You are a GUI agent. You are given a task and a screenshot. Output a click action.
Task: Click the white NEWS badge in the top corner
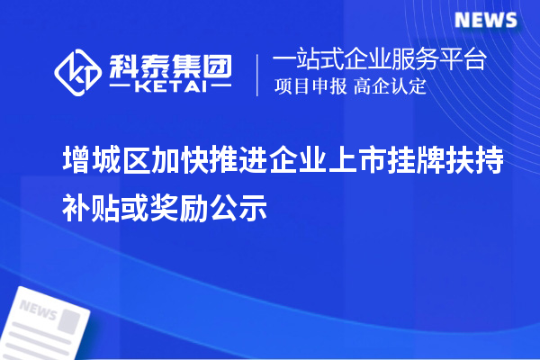click(485, 20)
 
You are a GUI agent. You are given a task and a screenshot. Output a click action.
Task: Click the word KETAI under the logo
click(170, 88)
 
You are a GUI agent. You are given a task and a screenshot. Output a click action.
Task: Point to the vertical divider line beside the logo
click(258, 74)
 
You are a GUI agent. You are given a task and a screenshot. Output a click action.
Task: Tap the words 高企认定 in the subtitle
click(389, 87)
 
